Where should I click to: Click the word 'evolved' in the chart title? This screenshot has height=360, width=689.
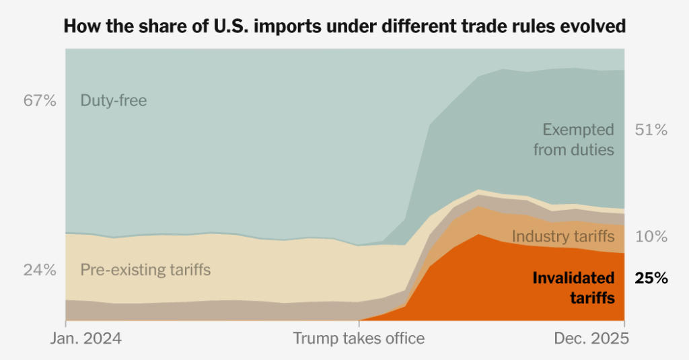coord(593,26)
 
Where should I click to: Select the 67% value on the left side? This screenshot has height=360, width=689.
coord(40,101)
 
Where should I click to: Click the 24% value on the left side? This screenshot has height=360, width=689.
coord(40,270)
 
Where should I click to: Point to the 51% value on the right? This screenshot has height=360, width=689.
coord(651,130)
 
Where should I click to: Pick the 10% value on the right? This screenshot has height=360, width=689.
coord(651,237)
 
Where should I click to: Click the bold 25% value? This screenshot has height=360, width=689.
coord(651,279)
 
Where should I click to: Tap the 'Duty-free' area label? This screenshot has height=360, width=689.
coord(113,101)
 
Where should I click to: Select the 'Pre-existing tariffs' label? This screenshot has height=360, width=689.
coord(145,270)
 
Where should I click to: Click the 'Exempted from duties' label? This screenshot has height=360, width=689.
coord(574,139)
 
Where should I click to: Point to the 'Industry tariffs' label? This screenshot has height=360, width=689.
coord(563,237)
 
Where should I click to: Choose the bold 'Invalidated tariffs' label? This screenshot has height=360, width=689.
coord(573,287)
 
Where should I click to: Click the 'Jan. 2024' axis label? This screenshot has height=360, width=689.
coord(86,338)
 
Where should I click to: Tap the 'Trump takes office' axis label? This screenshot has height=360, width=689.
coord(359,338)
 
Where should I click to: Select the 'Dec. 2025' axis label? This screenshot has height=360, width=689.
coord(591,338)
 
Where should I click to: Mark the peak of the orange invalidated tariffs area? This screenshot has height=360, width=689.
coord(478,235)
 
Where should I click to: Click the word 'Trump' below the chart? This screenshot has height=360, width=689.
coord(314,338)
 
